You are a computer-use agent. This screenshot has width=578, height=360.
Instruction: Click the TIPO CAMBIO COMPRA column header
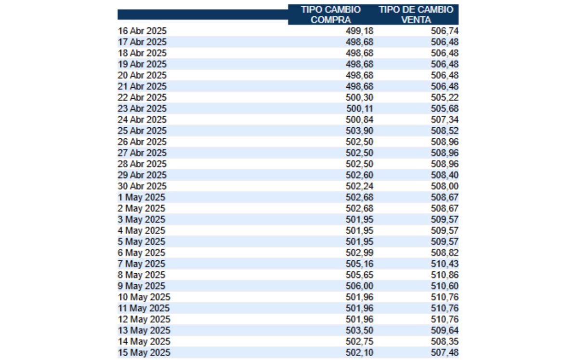pos(330,14)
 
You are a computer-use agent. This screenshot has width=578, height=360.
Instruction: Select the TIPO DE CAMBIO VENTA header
pos(416,14)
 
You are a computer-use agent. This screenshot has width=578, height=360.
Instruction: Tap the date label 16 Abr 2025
pos(142,31)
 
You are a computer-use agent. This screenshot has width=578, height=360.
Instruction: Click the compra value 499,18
pos(359,31)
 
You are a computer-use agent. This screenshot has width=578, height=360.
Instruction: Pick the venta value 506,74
pos(445,31)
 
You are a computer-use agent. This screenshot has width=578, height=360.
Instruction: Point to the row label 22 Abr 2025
pos(142,97)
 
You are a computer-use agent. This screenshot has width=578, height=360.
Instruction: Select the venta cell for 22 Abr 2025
pos(445,97)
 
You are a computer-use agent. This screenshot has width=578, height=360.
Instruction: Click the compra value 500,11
pos(359,108)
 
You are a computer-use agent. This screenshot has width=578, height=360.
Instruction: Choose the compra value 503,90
pos(359,131)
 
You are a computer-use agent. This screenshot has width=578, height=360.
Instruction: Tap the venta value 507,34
pos(445,120)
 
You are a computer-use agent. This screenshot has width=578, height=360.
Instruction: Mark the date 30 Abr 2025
pos(142,186)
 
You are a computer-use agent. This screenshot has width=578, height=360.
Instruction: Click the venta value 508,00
pos(445,186)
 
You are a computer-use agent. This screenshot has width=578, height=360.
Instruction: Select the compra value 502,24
pos(359,186)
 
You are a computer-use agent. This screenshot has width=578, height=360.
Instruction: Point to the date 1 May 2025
pos(141,197)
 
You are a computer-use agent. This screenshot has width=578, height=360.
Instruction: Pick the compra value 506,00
pos(359,286)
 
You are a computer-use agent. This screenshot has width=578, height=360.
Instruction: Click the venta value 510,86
pos(445,275)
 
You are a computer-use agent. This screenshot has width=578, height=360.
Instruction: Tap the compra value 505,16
pos(359,264)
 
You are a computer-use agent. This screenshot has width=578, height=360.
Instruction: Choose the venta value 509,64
pos(445,330)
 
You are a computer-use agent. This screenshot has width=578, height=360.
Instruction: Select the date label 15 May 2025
pos(144,352)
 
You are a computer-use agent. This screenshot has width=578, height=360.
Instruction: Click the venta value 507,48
pos(445,352)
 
